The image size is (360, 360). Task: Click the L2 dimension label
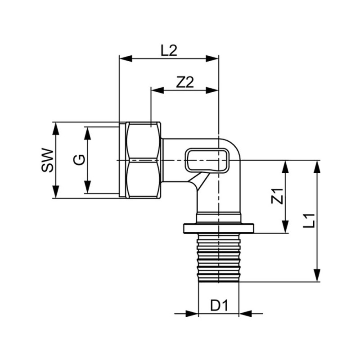coord(169,50)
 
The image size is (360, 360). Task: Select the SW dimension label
coord(47,161)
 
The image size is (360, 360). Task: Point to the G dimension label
coord(79,160)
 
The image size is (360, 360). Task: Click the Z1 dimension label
coord(277,196)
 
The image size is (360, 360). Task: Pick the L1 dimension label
coord(309,220)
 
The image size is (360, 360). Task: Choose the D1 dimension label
coord(220,306)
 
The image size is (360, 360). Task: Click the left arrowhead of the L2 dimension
coord(126,58)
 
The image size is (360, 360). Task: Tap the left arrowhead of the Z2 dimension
coord(157,90)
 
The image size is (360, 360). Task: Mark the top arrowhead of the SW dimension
coord(56,129)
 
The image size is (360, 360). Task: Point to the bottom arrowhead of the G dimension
coord(87,187)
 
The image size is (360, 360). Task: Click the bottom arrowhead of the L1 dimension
coord(317,275)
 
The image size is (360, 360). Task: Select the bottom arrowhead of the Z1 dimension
coord(285,227)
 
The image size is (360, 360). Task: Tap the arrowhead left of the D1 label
coord(192,313)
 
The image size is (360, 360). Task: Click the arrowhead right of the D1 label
coord(245,313)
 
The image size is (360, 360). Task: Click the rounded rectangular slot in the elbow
coord(207,160)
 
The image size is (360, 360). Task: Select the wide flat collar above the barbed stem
coord(219,228)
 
